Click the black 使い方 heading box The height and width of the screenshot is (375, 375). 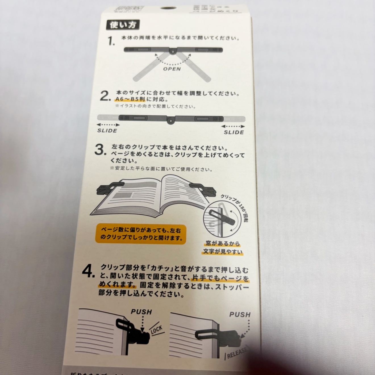tap(123, 25)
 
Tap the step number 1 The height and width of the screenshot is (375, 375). tap(111, 41)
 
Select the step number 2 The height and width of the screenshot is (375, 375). tap(105, 97)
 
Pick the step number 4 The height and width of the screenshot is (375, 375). tap(88, 272)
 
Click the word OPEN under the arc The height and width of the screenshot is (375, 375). tap(172, 69)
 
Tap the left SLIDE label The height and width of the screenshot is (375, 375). tap(107, 131)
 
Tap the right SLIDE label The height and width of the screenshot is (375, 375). tap(234, 132)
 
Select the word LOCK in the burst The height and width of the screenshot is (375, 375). tap(157, 330)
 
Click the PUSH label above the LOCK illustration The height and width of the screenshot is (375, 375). tap(141, 312)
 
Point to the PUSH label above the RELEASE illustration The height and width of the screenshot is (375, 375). tap(240, 314)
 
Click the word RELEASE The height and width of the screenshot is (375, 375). tap(238, 353)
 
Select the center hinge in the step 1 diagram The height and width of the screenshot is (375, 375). tap(172, 51)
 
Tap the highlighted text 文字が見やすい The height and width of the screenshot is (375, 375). tap(223, 252)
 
